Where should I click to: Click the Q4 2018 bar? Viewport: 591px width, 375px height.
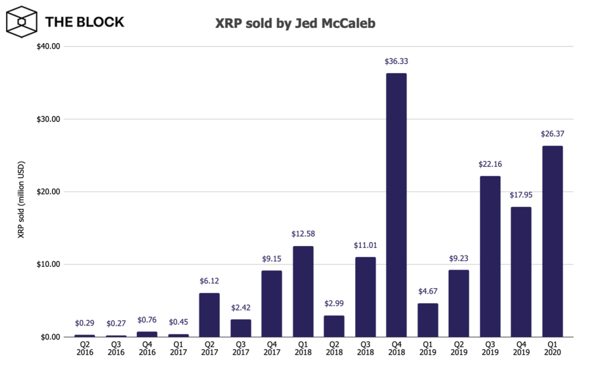(x=396, y=205)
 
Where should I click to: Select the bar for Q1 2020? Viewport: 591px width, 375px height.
(x=552, y=241)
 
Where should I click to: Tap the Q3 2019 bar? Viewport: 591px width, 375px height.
(x=490, y=256)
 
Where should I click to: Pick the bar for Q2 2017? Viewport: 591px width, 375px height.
(x=210, y=314)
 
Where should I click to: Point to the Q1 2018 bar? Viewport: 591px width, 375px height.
(x=303, y=291)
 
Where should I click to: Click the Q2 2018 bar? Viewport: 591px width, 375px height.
(x=334, y=326)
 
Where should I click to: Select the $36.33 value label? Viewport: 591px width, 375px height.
(x=396, y=61)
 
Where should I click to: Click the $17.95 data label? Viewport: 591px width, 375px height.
(x=521, y=195)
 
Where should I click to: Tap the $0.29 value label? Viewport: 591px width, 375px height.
(x=85, y=323)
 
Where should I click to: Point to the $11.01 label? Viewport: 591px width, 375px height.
(x=365, y=245)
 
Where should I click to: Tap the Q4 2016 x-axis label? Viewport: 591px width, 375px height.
(x=147, y=348)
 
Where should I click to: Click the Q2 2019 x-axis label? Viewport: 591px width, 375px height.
(x=459, y=348)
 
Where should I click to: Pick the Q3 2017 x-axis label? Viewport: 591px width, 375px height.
(x=241, y=348)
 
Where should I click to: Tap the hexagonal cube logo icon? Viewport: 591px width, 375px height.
(x=21, y=22)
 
